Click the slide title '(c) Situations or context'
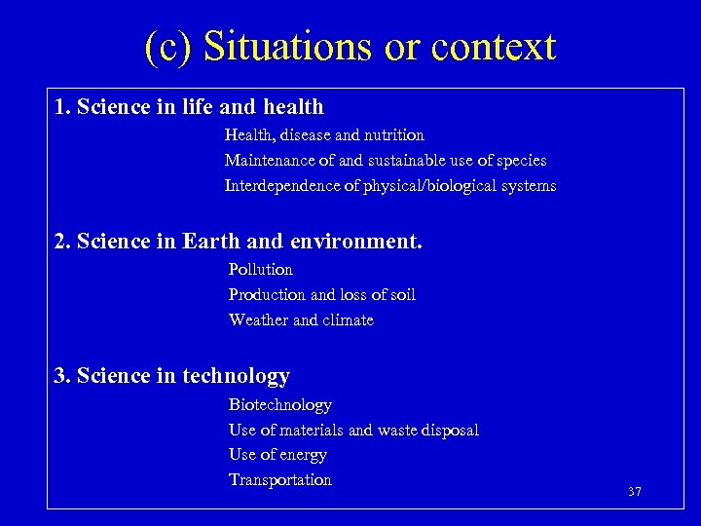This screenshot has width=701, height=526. tap(350, 47)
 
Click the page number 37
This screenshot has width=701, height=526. tap(635, 492)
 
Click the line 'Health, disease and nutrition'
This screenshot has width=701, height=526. tap(324, 135)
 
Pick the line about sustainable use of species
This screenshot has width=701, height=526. tap(386, 160)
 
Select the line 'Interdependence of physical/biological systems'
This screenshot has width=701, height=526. tap(390, 185)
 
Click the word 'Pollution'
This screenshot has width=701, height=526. tap(260, 269)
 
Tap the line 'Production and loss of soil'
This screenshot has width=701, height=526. tap(322, 294)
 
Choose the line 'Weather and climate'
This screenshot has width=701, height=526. tap(301, 319)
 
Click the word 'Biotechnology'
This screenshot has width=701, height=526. tap(280, 404)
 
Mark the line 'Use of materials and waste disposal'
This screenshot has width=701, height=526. tap(353, 430)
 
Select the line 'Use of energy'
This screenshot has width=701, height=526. tap(277, 454)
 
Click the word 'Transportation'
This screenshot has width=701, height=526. tap(280, 479)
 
